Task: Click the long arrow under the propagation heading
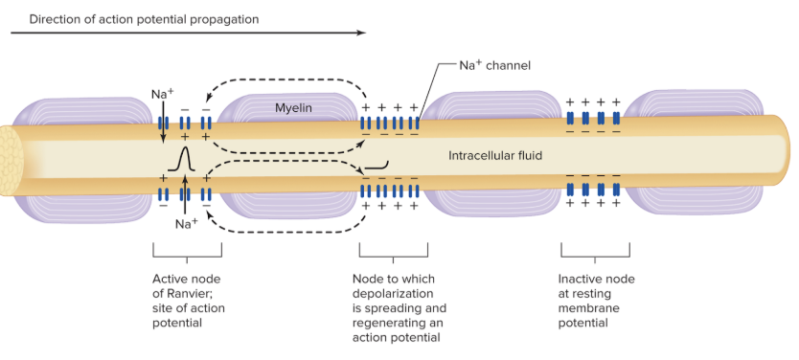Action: coord(188,33)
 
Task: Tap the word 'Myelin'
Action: coord(294,108)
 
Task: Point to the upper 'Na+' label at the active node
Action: coord(162,94)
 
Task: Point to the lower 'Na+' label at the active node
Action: coord(186,223)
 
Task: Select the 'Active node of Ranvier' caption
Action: coord(186,301)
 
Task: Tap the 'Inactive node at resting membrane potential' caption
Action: coord(596,301)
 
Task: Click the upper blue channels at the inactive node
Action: coord(592,118)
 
